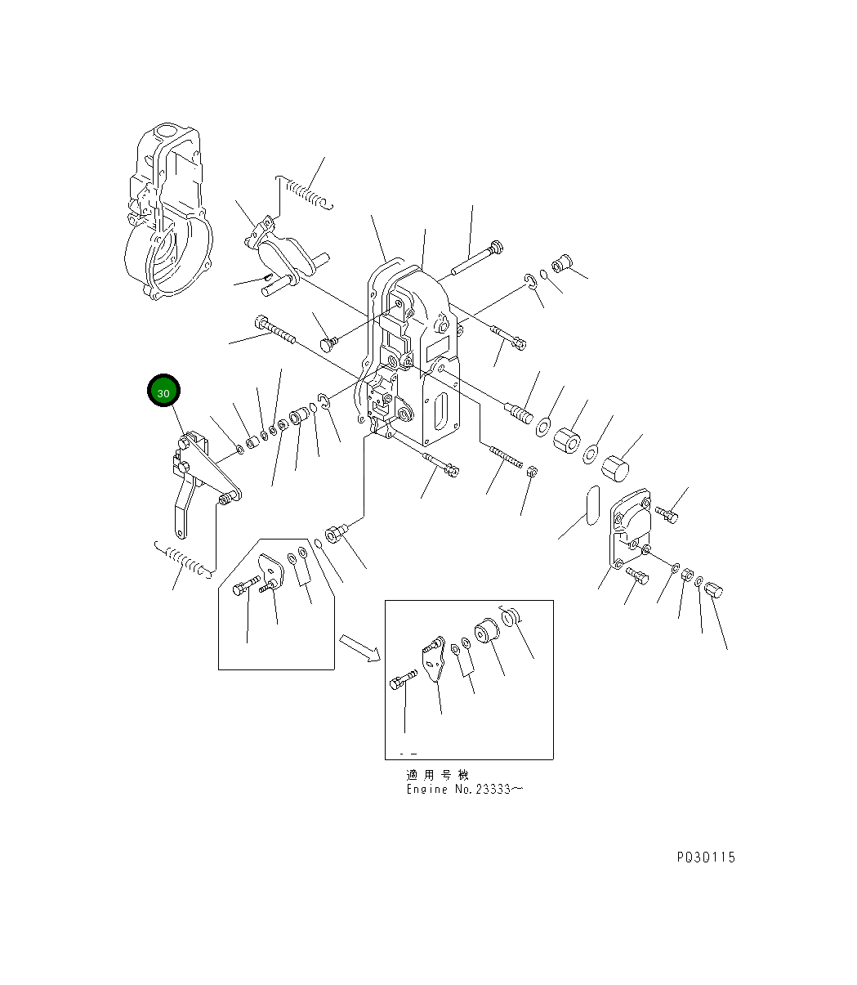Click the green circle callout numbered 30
click(x=163, y=392)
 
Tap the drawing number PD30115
click(x=706, y=857)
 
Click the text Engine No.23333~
click(x=464, y=790)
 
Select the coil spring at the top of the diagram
click(x=305, y=193)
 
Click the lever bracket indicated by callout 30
click(x=196, y=482)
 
